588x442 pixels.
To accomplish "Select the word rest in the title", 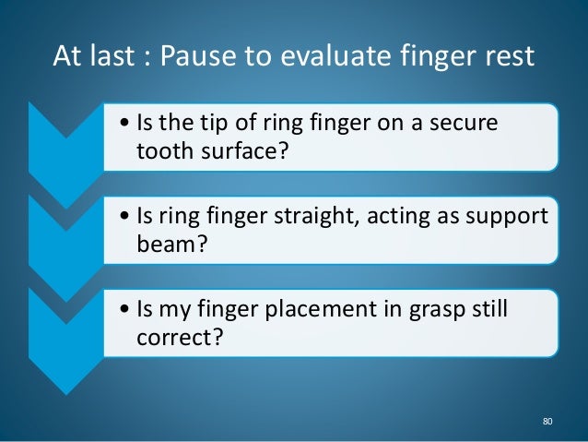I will (504, 57).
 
